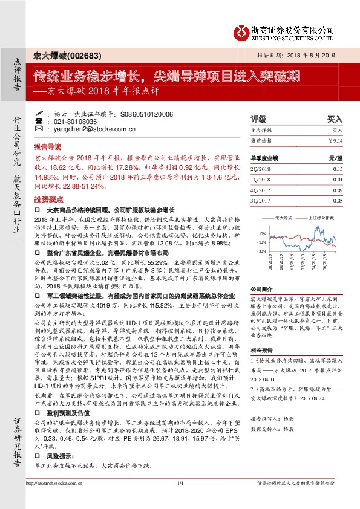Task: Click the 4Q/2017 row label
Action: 261,190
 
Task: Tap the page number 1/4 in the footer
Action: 180,500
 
